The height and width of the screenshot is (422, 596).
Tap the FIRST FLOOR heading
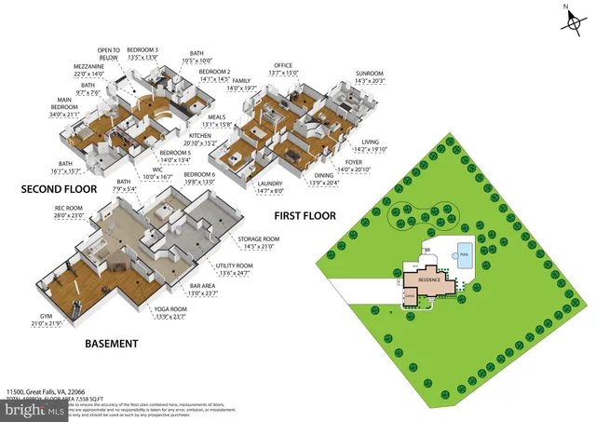click(x=305, y=215)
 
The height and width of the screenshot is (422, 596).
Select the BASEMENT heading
click(x=112, y=344)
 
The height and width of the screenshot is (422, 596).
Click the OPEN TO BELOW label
click(x=109, y=53)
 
